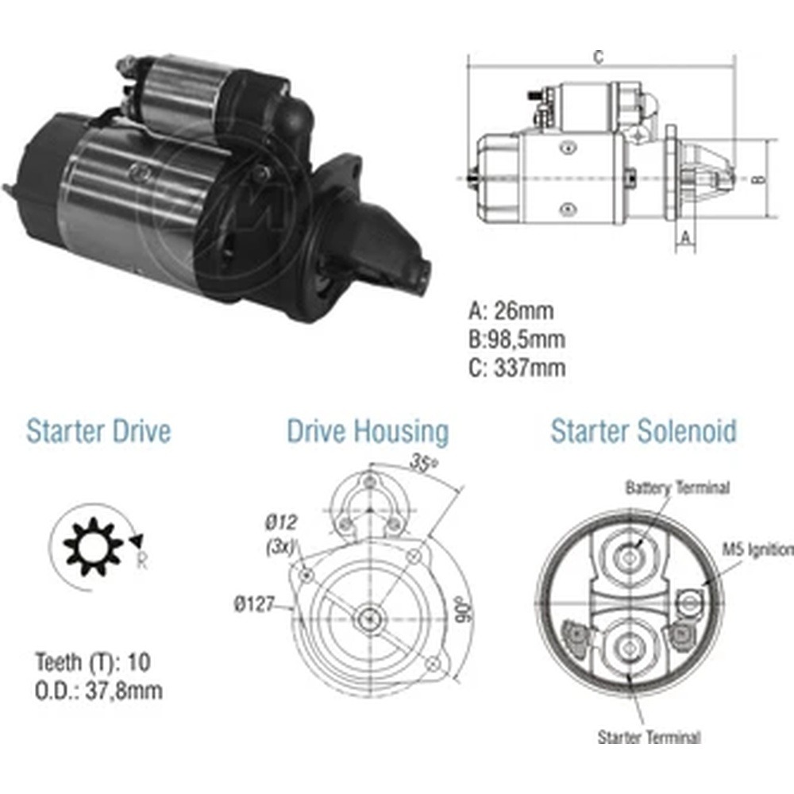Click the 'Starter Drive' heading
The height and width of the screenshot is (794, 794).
pyautogui.click(x=98, y=432)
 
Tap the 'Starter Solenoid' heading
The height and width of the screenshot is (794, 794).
pyautogui.click(x=643, y=431)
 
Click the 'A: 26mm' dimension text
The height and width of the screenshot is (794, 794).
pyautogui.click(x=511, y=310)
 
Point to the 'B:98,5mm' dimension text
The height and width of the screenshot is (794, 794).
pyautogui.click(x=517, y=339)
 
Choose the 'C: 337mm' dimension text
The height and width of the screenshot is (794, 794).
pyautogui.click(x=517, y=368)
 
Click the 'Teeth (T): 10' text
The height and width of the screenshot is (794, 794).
pyautogui.click(x=93, y=662)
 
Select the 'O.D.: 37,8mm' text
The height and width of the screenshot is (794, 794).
pyautogui.click(x=98, y=691)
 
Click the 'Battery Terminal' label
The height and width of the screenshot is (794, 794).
pyautogui.click(x=677, y=488)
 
